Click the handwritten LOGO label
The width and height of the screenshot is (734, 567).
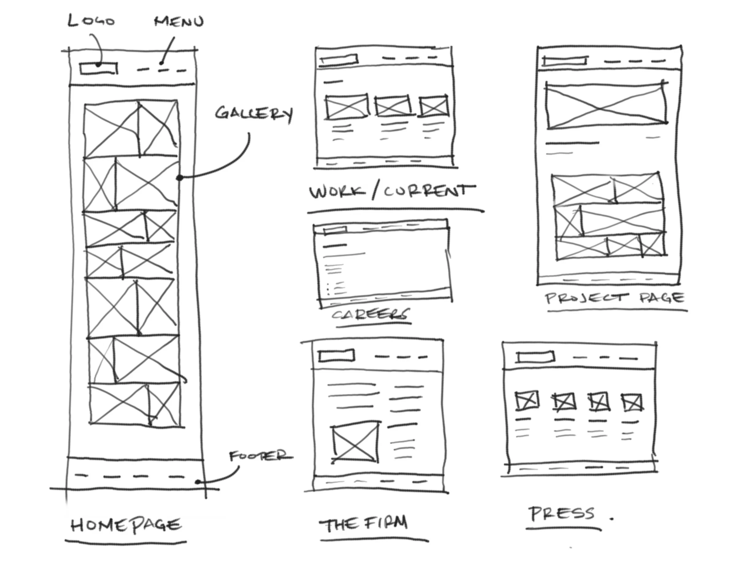tap(91, 21)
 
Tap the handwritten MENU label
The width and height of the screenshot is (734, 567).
tap(179, 22)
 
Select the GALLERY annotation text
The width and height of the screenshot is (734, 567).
tap(254, 113)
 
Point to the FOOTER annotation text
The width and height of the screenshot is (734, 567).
tap(260, 456)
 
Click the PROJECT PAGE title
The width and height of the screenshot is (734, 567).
tap(614, 298)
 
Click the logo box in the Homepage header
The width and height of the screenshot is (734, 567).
tap(99, 68)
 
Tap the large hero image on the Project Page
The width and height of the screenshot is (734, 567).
tap(606, 105)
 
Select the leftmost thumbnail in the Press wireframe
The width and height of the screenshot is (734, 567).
tap(527, 400)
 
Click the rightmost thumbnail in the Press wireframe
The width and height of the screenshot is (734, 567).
tap(632, 402)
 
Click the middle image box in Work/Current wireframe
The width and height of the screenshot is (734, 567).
tap(393, 106)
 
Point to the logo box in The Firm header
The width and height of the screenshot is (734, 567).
tap(336, 356)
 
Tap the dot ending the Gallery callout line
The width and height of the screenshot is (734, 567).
tap(180, 177)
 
